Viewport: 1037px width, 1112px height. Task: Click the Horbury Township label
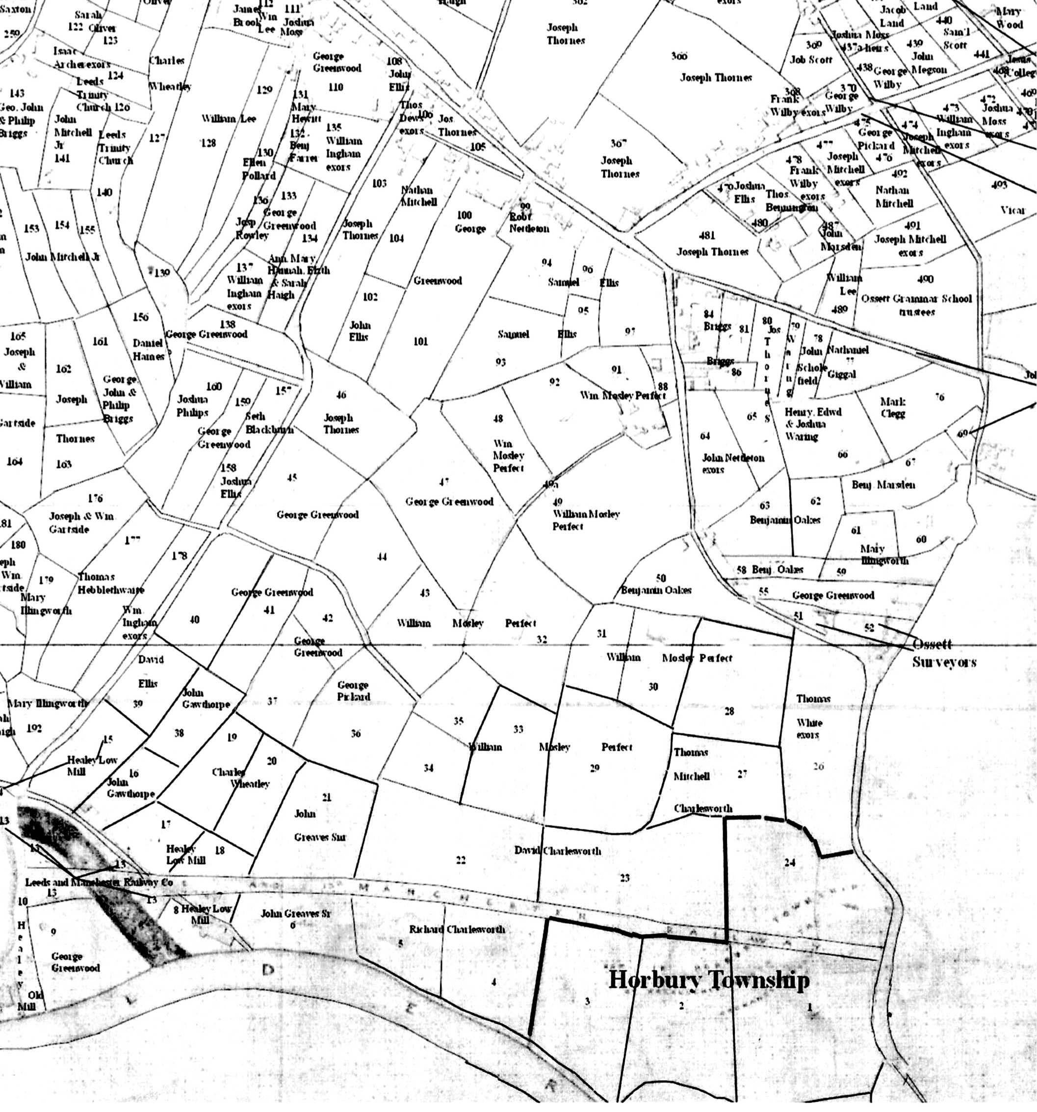click(708, 980)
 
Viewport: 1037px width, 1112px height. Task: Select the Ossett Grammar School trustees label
click(916, 305)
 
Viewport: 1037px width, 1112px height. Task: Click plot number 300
click(679, 56)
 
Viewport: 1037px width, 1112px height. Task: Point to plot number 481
click(706, 235)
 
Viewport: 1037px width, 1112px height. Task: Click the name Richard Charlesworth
click(457, 929)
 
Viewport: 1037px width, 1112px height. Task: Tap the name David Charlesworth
click(557, 851)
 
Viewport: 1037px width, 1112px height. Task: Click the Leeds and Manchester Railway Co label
click(99, 882)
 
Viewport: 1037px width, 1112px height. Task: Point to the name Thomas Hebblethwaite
click(110, 583)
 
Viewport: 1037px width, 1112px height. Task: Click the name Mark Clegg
click(893, 407)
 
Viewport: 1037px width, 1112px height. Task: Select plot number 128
click(208, 143)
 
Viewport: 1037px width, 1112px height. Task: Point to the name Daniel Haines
click(149, 349)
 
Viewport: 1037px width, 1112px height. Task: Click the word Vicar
click(1012, 211)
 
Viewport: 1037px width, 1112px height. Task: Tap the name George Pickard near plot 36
click(353, 691)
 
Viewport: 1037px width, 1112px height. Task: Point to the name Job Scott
click(811, 59)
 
